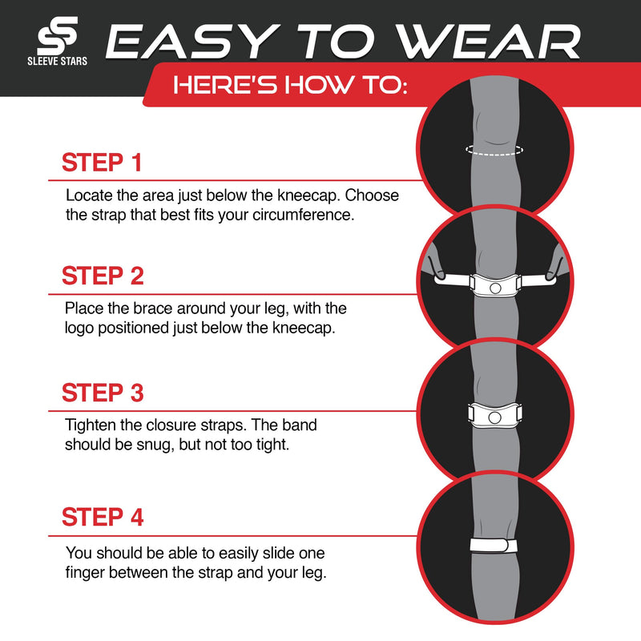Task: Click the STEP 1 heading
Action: (102, 163)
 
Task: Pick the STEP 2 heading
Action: (103, 276)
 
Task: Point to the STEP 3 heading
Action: (103, 393)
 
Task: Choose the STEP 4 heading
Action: (103, 517)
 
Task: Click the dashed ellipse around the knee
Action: (494, 150)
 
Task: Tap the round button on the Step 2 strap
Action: (495, 286)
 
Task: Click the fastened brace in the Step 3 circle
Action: (494, 414)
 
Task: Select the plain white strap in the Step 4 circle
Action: (494, 545)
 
